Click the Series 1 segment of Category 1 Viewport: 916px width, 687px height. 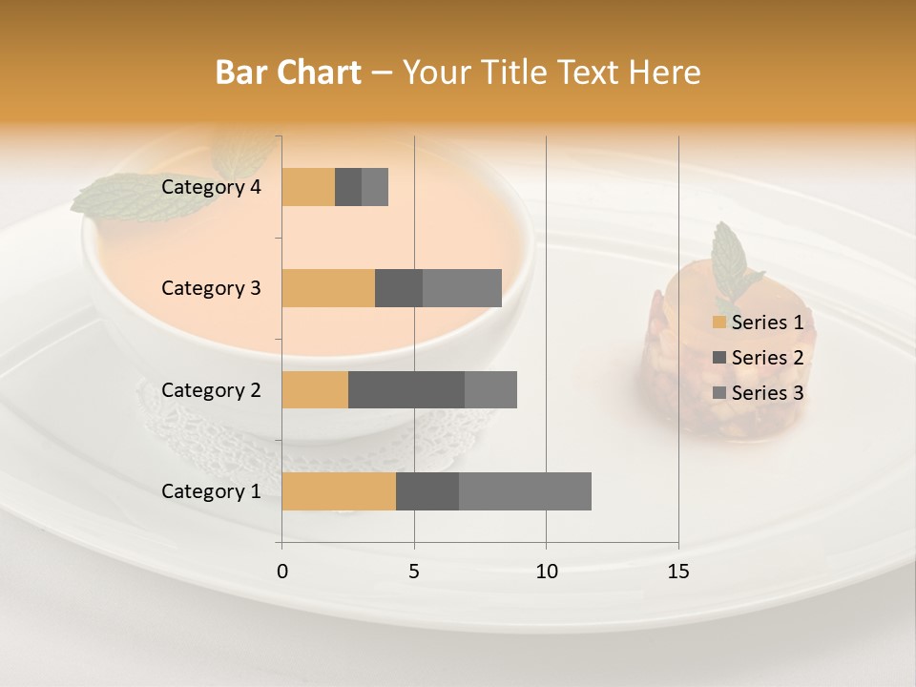(x=339, y=491)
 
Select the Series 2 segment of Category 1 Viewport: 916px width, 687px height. (x=427, y=491)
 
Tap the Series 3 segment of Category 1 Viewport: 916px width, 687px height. (x=525, y=491)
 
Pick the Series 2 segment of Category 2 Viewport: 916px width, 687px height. (x=406, y=389)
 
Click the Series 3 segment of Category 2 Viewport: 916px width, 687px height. (x=490, y=389)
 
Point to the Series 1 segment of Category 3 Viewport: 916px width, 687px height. (x=328, y=288)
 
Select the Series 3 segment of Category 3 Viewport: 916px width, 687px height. (x=462, y=288)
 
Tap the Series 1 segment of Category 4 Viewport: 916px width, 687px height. (x=308, y=187)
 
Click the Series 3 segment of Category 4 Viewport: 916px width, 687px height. (x=375, y=187)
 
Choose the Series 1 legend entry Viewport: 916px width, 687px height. (x=759, y=323)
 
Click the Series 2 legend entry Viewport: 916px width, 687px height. (x=759, y=358)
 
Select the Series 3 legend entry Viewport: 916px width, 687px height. (x=759, y=393)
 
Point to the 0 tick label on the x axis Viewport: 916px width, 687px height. (x=282, y=572)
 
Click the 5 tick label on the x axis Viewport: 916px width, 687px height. (x=414, y=572)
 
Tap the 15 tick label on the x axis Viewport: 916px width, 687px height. (x=678, y=572)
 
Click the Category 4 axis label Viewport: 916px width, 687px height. (x=211, y=187)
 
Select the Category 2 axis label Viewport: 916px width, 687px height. (x=211, y=389)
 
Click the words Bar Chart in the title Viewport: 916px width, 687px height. (x=288, y=73)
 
